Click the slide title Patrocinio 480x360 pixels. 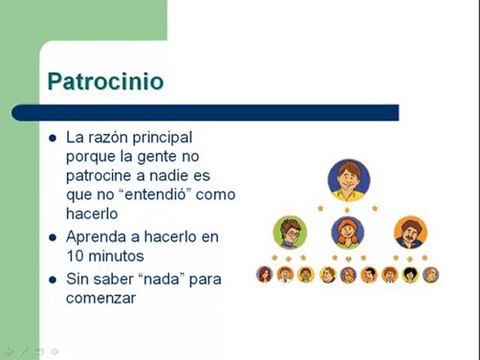[106, 81]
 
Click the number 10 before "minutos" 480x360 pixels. [75, 256]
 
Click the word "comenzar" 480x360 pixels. [100, 297]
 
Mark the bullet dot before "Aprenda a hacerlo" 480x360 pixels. [52, 238]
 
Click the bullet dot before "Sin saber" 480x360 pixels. [52, 279]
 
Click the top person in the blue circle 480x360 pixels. [347, 179]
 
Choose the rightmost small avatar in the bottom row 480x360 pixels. [431, 274]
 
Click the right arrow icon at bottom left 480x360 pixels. [55, 351]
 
